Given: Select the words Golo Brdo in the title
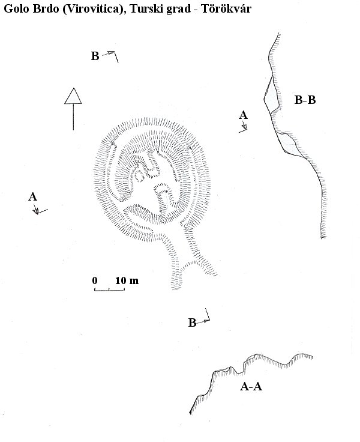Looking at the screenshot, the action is click(31, 9).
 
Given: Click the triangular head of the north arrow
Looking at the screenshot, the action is click(73, 96).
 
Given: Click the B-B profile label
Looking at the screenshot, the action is click(305, 100).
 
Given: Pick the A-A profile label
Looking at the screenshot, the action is click(251, 387).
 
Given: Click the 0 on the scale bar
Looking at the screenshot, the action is click(95, 280).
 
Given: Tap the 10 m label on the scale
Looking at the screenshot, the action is click(127, 280).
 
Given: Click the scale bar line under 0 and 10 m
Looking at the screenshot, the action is click(109, 290).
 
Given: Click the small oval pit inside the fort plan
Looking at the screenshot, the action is click(139, 176).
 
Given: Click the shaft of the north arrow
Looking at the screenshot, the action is click(73, 117).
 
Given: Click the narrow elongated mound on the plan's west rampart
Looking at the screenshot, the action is click(112, 159).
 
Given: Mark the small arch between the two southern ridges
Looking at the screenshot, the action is click(192, 263).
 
